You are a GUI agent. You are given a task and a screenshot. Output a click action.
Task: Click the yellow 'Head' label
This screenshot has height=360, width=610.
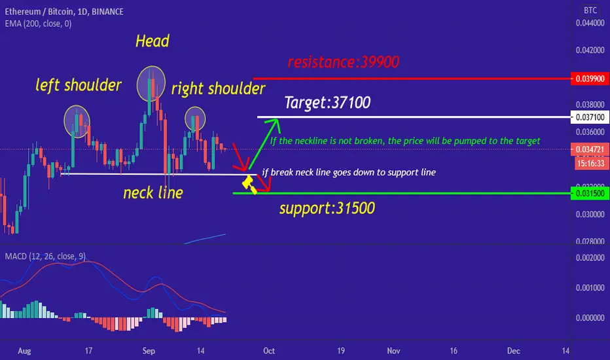(152, 41)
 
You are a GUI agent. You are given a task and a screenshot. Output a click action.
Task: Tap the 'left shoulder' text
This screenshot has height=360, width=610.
(79, 85)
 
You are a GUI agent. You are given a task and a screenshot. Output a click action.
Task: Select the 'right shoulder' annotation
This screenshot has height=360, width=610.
(218, 89)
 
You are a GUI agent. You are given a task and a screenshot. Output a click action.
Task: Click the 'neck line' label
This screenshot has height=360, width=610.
(153, 192)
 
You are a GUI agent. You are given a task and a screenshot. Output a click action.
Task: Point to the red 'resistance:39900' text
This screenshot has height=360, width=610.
(344, 62)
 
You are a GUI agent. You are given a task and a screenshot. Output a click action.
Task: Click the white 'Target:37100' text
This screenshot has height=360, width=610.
(327, 103)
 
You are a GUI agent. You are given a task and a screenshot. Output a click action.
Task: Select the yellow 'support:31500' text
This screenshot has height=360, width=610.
(327, 209)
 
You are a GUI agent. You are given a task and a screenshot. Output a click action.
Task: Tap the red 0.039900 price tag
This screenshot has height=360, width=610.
(590, 79)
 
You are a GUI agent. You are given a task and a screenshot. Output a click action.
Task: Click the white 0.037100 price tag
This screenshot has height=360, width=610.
(590, 117)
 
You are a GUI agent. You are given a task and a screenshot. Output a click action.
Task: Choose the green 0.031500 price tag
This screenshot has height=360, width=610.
(590, 194)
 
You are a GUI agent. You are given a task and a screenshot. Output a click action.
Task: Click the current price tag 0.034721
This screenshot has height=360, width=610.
(590, 149)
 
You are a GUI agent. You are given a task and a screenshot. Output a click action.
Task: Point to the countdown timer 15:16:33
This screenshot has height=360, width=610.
(590, 164)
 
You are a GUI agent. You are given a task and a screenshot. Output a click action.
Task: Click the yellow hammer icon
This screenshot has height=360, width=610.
(249, 185)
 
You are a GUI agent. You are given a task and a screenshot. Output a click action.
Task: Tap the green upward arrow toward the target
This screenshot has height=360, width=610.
(264, 144)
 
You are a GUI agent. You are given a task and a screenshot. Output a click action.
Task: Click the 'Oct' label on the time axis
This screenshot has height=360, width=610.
(269, 351)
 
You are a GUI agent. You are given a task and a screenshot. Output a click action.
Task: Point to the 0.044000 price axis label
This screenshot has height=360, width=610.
(590, 23)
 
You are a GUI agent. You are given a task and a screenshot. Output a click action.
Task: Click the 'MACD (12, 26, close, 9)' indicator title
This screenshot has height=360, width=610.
(45, 256)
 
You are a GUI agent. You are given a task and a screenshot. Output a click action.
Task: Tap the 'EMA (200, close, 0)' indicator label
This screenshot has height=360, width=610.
(38, 24)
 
